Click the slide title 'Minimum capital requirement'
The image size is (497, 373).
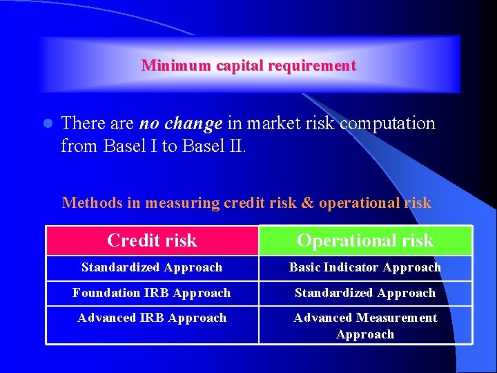[x=248, y=66]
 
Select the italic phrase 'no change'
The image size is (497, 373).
[x=181, y=124]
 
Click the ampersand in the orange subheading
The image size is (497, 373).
[x=308, y=203]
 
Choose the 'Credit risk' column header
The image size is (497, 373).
[x=152, y=240]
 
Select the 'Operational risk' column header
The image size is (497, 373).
[x=365, y=240]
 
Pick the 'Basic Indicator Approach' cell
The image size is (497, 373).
[x=365, y=267]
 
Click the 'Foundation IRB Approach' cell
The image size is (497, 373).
[x=152, y=293]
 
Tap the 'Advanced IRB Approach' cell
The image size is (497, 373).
[x=152, y=318]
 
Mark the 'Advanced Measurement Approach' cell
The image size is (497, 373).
[x=365, y=326]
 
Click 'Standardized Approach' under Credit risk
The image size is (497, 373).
[x=152, y=267]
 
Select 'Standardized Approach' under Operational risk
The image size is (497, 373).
[x=365, y=293]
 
